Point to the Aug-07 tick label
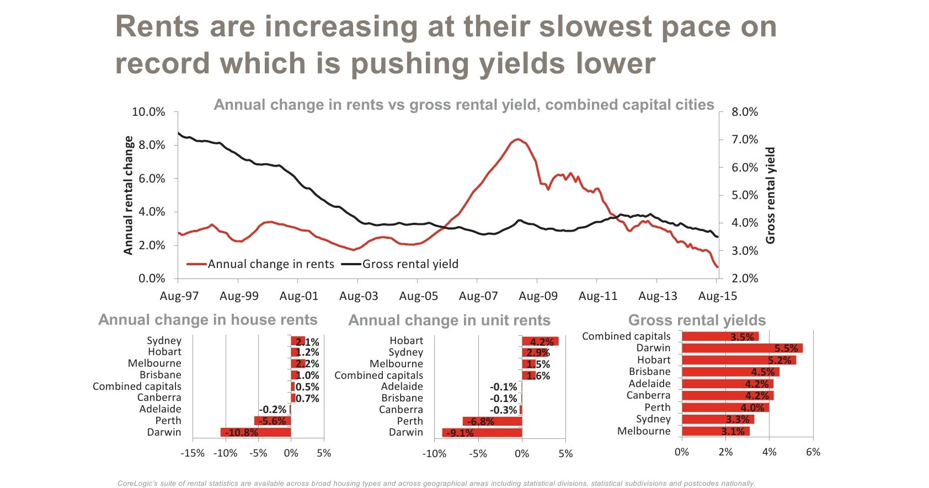pos(478,296)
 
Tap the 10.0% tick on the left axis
pos(148,112)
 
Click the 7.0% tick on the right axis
pos(745,140)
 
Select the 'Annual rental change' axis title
pos(129,195)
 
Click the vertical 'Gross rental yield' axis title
pos(770,195)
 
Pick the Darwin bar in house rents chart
pos(255,432)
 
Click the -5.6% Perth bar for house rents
pos(273,421)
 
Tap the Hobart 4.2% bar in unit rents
pos(540,341)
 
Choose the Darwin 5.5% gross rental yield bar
pos(742,348)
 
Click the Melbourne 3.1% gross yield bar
pos(716,431)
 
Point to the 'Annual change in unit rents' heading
pos(449,320)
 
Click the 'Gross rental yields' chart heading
pos(697,320)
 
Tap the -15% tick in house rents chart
pos(193,453)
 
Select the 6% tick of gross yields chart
pos(813,452)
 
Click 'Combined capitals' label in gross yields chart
pos(626,336)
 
